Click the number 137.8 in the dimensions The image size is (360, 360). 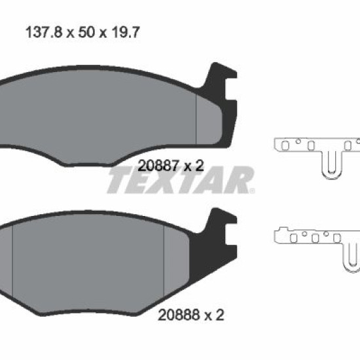(44, 32)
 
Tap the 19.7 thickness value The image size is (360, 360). (126, 32)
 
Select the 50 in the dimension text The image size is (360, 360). (86, 32)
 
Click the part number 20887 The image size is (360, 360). (158, 166)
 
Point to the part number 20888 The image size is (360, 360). (179, 315)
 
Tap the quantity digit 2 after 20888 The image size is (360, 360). (220, 315)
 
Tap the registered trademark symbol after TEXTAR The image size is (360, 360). (252, 190)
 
